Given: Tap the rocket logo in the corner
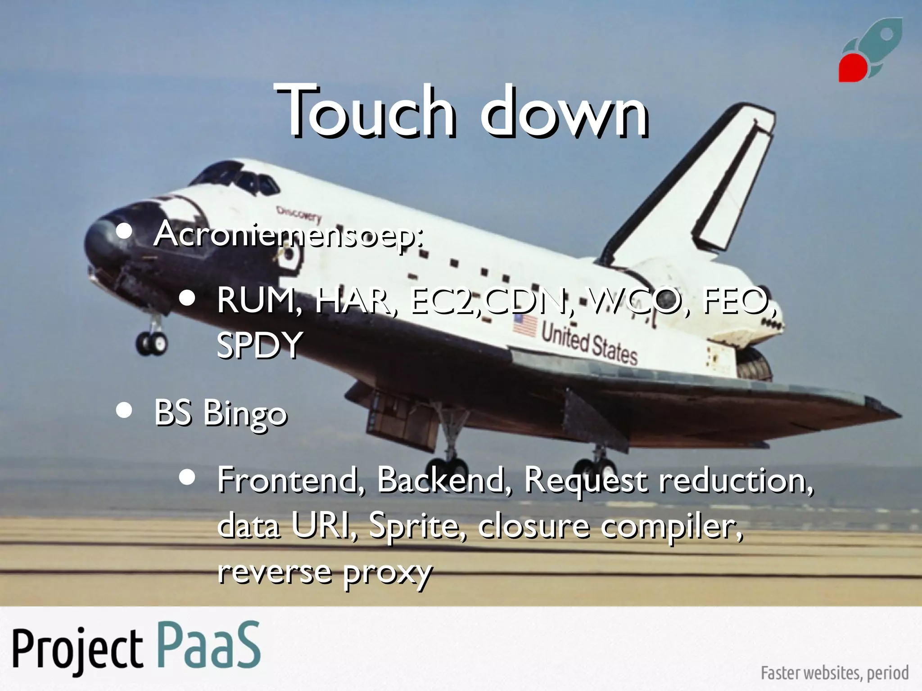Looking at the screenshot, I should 870,50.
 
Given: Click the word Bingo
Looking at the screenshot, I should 245,414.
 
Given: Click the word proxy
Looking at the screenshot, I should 387,574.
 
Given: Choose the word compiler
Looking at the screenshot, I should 671,526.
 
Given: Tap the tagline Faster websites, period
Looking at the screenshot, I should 834,673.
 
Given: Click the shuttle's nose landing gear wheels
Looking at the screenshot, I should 152,343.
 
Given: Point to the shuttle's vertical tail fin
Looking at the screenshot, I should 702,184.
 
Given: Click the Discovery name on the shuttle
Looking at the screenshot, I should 299,214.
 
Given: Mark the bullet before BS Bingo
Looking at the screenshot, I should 124,410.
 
